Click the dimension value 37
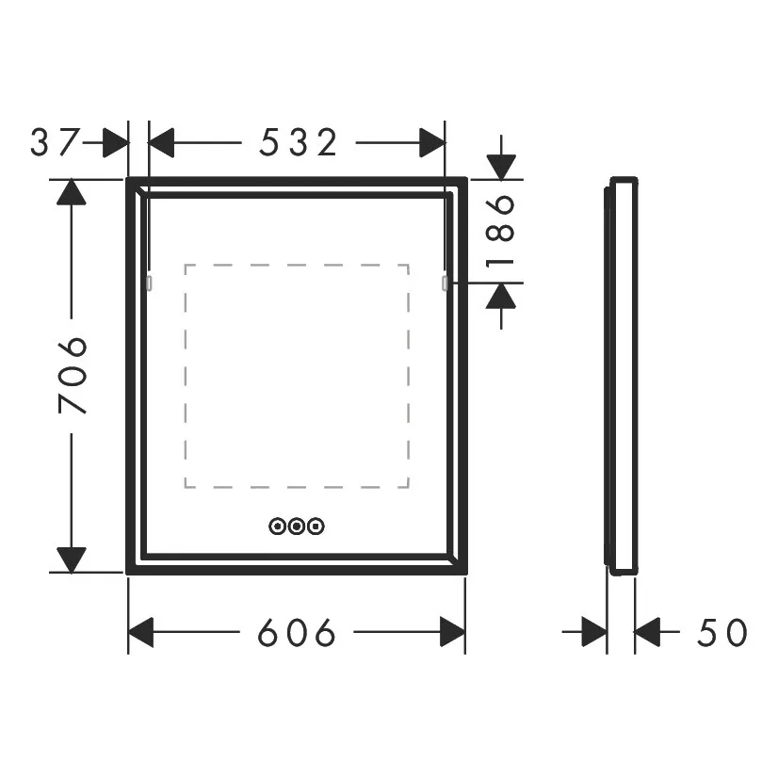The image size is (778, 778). coord(55,142)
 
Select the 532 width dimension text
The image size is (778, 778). coord(299,142)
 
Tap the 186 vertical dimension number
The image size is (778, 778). coord(501,231)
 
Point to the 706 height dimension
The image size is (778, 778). coord(73,375)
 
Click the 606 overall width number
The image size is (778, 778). coord(297,632)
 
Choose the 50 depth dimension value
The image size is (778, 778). coord(721,632)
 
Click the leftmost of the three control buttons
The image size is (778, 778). coord(277,526)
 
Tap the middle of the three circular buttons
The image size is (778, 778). coord(296,526)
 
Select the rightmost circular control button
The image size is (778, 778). coord(316,526)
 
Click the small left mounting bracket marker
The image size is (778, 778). coord(149,284)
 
